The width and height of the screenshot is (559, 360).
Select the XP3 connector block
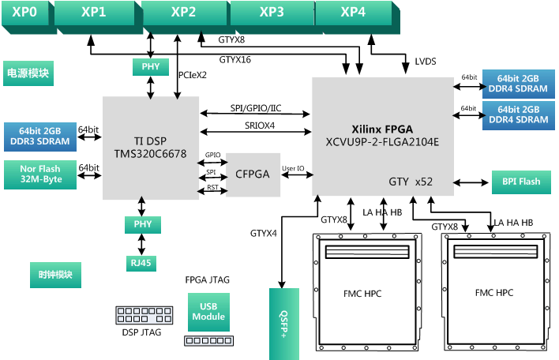[271, 13]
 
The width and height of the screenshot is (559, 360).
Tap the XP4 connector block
[353, 13]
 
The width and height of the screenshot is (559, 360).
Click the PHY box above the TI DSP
[150, 67]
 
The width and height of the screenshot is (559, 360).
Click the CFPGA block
[253, 174]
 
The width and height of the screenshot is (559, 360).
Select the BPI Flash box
[520, 182]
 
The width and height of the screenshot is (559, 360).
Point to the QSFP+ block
[283, 324]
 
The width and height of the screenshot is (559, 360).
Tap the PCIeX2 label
[193, 76]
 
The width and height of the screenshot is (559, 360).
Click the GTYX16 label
[235, 59]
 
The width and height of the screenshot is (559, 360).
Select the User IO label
[294, 167]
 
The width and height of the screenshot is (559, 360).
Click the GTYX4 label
[264, 234]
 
